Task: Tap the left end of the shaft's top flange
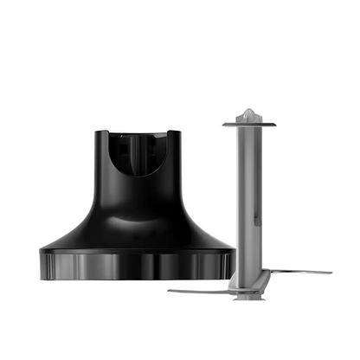coord(225,124)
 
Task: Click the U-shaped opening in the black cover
coord(138,156)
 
